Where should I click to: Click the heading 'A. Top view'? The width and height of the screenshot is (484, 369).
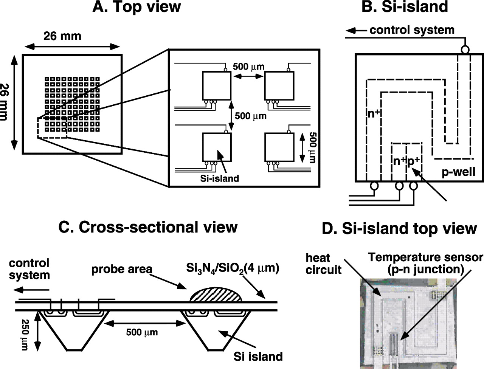point(137,7)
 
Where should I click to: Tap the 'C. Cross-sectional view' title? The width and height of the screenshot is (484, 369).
point(148,227)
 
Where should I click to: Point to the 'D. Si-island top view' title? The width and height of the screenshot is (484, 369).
point(399,229)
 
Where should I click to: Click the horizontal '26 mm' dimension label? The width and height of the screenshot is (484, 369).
point(62,36)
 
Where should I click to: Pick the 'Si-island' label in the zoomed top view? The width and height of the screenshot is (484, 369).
point(219,178)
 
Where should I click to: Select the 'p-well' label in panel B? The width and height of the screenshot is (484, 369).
point(459,172)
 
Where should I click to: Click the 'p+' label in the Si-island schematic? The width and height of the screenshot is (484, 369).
point(413,161)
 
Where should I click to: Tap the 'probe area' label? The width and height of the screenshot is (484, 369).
point(122,269)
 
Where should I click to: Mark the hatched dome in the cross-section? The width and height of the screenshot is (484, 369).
point(216,295)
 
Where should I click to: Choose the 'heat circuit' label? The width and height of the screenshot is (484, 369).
point(323,264)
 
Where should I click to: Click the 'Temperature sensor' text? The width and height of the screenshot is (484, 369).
point(425,257)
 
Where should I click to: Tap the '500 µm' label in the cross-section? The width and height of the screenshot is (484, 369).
point(142,332)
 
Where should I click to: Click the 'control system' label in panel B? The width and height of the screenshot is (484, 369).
point(412,30)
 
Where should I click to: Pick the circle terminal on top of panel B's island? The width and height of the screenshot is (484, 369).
point(465,50)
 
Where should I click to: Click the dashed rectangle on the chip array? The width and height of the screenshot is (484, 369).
point(52,128)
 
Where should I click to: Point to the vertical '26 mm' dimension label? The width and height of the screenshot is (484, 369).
point(4,102)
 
